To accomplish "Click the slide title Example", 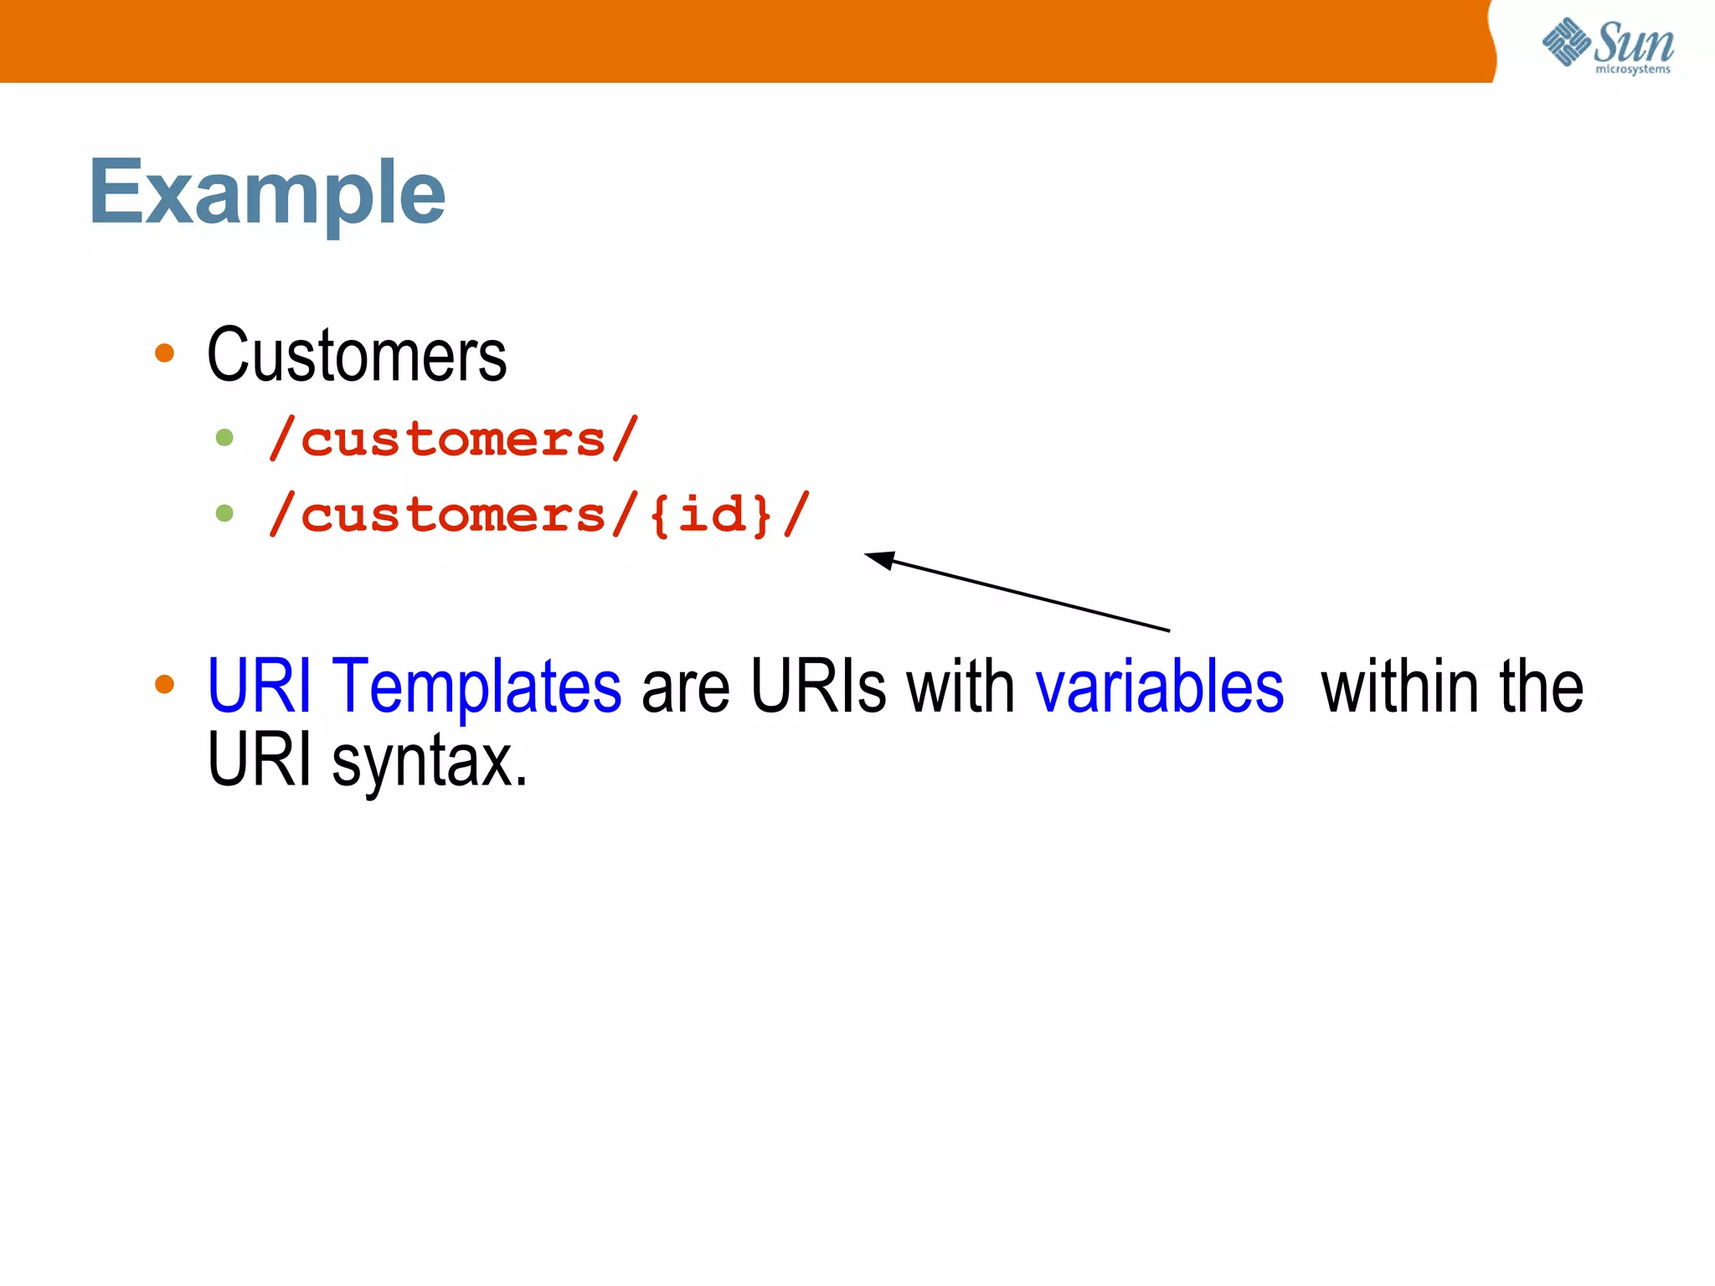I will click(x=267, y=193).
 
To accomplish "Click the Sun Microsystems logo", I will click(x=1607, y=46).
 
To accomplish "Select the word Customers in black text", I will click(x=357, y=356).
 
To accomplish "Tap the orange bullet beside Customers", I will click(x=165, y=353).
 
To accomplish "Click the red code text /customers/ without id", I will click(x=453, y=439).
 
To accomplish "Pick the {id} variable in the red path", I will click(x=710, y=514).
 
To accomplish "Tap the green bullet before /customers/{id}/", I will click(x=224, y=512).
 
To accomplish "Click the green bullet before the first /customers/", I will click(x=224, y=437).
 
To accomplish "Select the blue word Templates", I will click(x=476, y=687).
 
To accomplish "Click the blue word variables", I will click(x=1159, y=687).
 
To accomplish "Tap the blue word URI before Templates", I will click(x=259, y=687).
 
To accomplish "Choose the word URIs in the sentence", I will click(x=818, y=687).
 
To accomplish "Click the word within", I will click(x=1401, y=687).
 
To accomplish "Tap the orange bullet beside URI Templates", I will click(x=165, y=684).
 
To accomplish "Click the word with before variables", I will click(x=961, y=687).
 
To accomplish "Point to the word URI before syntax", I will click(x=259, y=760).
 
